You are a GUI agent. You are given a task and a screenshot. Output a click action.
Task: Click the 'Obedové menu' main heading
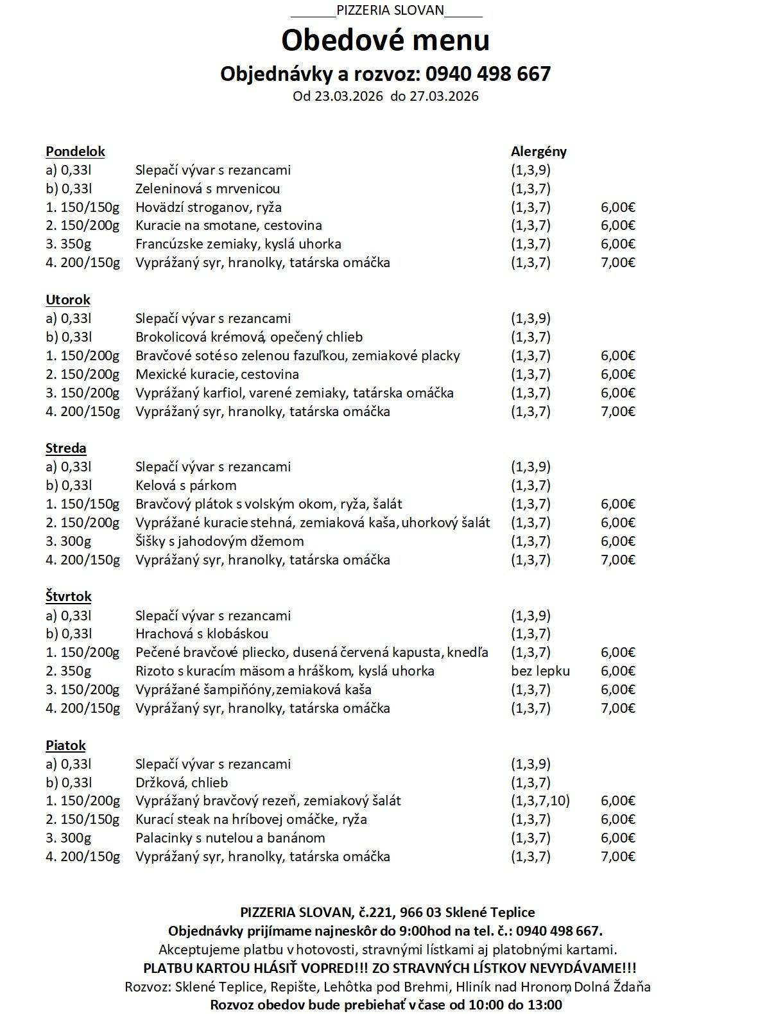tap(385, 40)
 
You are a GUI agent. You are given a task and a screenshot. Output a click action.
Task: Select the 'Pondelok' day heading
tap(75, 152)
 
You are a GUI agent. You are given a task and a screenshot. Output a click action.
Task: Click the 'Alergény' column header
tap(538, 152)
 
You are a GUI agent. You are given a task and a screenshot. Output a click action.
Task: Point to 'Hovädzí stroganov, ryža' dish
tap(209, 207)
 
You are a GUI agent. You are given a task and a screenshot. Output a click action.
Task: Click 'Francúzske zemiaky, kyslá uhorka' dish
tap(238, 244)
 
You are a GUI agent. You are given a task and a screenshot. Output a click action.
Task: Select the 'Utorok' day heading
tap(68, 300)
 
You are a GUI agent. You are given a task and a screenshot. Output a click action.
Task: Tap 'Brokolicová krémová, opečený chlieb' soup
tap(249, 337)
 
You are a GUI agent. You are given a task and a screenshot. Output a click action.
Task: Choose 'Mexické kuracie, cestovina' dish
tap(217, 374)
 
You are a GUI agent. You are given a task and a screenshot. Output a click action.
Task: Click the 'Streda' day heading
tap(66, 448)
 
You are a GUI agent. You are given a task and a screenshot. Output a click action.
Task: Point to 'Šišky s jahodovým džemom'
tap(220, 541)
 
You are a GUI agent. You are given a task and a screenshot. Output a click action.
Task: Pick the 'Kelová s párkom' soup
tap(186, 485)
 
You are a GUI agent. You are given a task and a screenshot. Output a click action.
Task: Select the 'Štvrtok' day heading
tap(69, 597)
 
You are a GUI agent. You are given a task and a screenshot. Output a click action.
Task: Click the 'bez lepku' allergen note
tap(540, 671)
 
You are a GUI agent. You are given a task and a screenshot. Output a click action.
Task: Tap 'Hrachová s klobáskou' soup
tap(202, 634)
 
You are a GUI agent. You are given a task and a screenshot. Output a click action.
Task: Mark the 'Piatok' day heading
tap(65, 746)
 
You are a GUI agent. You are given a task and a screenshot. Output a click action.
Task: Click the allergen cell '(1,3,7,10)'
tap(540, 801)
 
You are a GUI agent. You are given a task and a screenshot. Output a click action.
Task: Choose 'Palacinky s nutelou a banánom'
tap(230, 838)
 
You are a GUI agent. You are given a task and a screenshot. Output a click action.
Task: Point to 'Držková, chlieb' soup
tap(182, 783)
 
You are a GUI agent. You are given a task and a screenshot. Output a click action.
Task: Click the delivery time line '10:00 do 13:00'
tap(386, 1005)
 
